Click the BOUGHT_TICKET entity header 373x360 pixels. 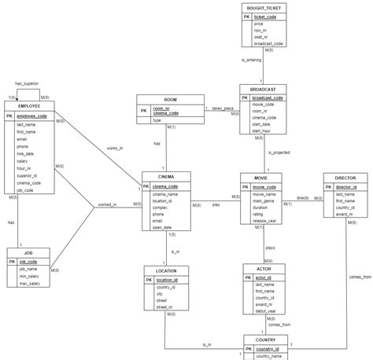265,7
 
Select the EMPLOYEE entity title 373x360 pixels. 28,105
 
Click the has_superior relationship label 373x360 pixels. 27,83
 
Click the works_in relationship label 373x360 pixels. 115,149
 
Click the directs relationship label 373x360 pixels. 302,197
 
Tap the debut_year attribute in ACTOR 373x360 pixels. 266,312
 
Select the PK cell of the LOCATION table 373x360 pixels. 150,279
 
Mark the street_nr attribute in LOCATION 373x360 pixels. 165,307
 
